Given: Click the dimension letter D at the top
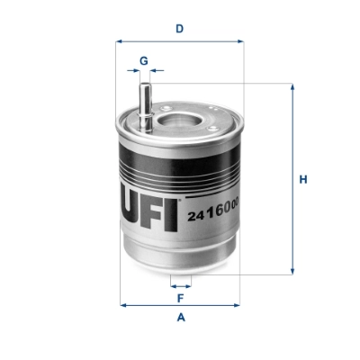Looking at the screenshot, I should (x=180, y=28).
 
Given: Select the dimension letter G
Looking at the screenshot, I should (x=142, y=60).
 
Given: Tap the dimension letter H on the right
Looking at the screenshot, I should (x=303, y=179).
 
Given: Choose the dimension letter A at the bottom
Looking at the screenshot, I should (x=180, y=317).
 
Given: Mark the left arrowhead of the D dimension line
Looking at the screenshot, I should (x=122, y=41).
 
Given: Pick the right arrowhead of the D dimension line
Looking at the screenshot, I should (x=238, y=41).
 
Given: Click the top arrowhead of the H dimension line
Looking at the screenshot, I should (x=292, y=87).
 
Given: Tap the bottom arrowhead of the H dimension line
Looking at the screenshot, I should (x=292, y=271).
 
